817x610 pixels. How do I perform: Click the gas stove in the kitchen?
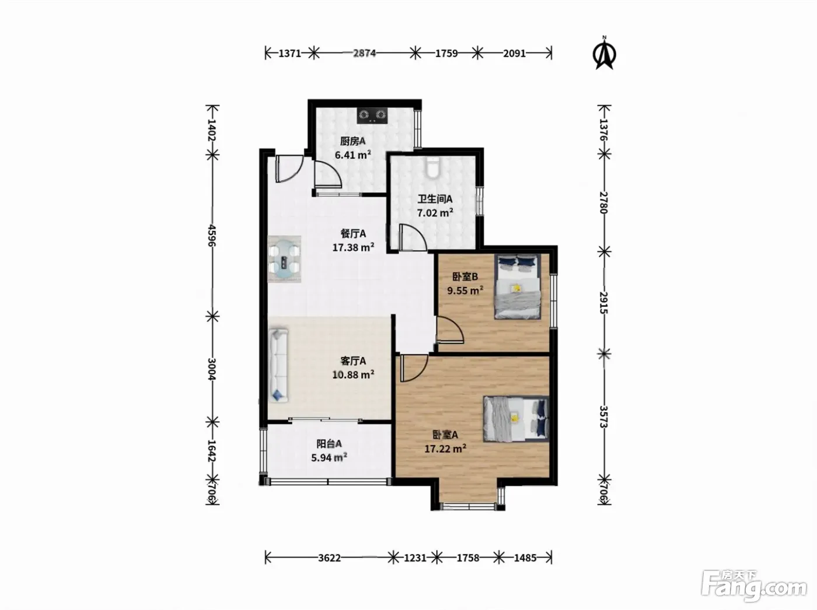[372, 115]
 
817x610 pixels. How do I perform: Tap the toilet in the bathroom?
[432, 167]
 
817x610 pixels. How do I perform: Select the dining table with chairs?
[284, 259]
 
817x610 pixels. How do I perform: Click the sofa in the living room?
[278, 365]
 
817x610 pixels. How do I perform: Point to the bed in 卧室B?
[518, 286]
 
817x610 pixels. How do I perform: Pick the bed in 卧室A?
[516, 419]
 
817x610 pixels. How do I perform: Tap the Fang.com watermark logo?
[754, 586]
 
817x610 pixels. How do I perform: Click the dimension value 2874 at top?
[364, 53]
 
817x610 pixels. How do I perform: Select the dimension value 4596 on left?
[211, 235]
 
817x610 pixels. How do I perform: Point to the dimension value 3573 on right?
[603, 416]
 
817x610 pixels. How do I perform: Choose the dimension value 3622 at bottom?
[329, 558]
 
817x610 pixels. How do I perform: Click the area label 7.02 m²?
[435, 213]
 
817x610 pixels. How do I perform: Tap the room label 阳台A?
[329, 444]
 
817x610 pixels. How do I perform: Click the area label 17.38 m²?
[353, 247]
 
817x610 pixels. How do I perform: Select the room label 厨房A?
[353, 141]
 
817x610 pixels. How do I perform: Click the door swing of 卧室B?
[450, 329]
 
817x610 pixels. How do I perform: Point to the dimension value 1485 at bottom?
[525, 558]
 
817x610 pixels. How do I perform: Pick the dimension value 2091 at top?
[514, 53]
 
